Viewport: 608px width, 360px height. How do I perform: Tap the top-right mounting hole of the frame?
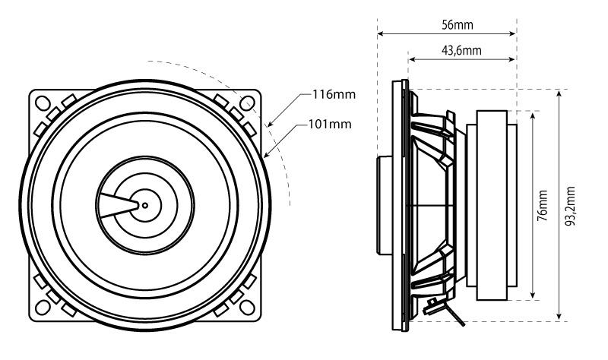point(247,102)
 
